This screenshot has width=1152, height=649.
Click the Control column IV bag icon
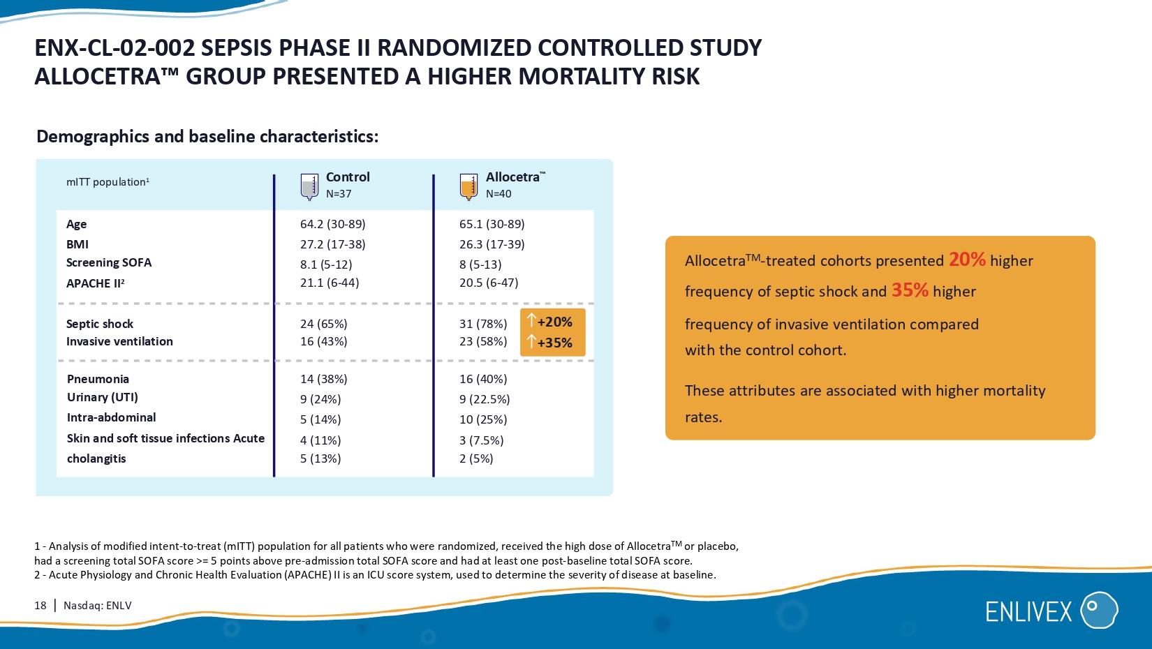coord(309,187)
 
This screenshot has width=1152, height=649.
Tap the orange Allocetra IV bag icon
coord(468,187)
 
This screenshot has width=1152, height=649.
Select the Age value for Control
coord(332,224)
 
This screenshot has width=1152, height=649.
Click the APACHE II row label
coord(95,283)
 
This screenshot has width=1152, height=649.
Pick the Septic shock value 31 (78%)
coord(483,324)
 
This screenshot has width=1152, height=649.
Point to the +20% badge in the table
coord(551,322)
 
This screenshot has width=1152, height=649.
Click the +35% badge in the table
coord(551,343)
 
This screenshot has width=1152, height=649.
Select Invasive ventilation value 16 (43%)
coord(323,341)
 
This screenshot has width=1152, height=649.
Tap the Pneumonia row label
coord(98,379)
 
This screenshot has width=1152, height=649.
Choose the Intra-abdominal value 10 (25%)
coord(483,419)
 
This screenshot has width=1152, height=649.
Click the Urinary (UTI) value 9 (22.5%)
coord(485,399)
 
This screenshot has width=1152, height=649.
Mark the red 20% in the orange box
coord(967,260)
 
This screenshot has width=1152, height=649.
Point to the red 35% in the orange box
coord(910,290)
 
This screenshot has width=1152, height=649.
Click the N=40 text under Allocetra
coord(499,194)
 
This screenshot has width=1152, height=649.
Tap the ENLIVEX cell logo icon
coord(1099,610)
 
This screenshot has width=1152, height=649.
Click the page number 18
coord(40,606)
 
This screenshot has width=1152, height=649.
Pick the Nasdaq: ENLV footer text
coord(98,606)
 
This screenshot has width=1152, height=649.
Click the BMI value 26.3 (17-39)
coord(492,244)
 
